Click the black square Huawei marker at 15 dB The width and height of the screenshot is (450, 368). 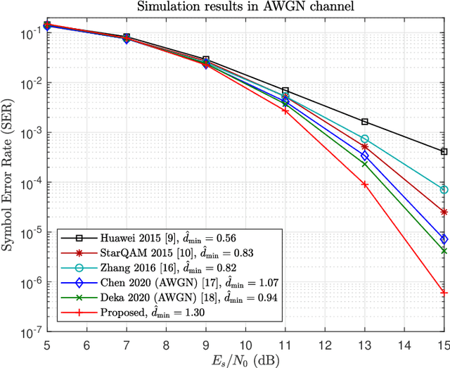pos(444,151)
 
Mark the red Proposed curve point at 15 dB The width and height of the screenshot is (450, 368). pos(444,292)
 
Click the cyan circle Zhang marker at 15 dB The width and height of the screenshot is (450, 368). pos(444,190)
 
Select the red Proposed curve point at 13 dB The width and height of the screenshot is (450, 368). pos(364,184)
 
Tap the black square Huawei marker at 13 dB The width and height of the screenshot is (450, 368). pos(364,122)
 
